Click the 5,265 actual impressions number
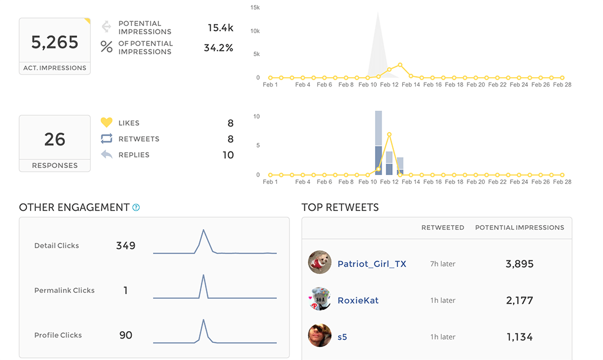54,42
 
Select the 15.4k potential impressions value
220,28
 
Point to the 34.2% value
218,48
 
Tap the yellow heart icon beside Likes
107,123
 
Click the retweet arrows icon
107,138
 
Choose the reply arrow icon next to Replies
107,154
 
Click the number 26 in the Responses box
54,139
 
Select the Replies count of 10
228,155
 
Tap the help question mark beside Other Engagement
136,207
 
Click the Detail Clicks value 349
125,246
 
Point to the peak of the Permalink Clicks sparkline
203,275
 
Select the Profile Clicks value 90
125,335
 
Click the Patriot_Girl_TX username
372,264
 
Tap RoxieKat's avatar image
320,299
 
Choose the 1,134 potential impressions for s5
519,337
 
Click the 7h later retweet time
443,264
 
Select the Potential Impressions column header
519,227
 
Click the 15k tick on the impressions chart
255,8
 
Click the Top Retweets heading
340,207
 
